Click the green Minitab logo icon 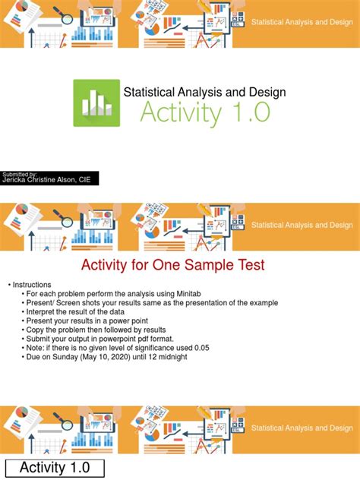pos(96,103)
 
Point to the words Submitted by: pos(20,173)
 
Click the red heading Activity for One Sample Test pos(172,265)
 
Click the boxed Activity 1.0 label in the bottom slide pos(54,468)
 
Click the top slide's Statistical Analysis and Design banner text pos(302,24)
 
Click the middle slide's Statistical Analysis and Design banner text pos(302,225)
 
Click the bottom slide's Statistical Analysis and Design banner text pos(302,428)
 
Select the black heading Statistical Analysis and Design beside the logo pos(205,92)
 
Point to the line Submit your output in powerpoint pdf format pos(102,339)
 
